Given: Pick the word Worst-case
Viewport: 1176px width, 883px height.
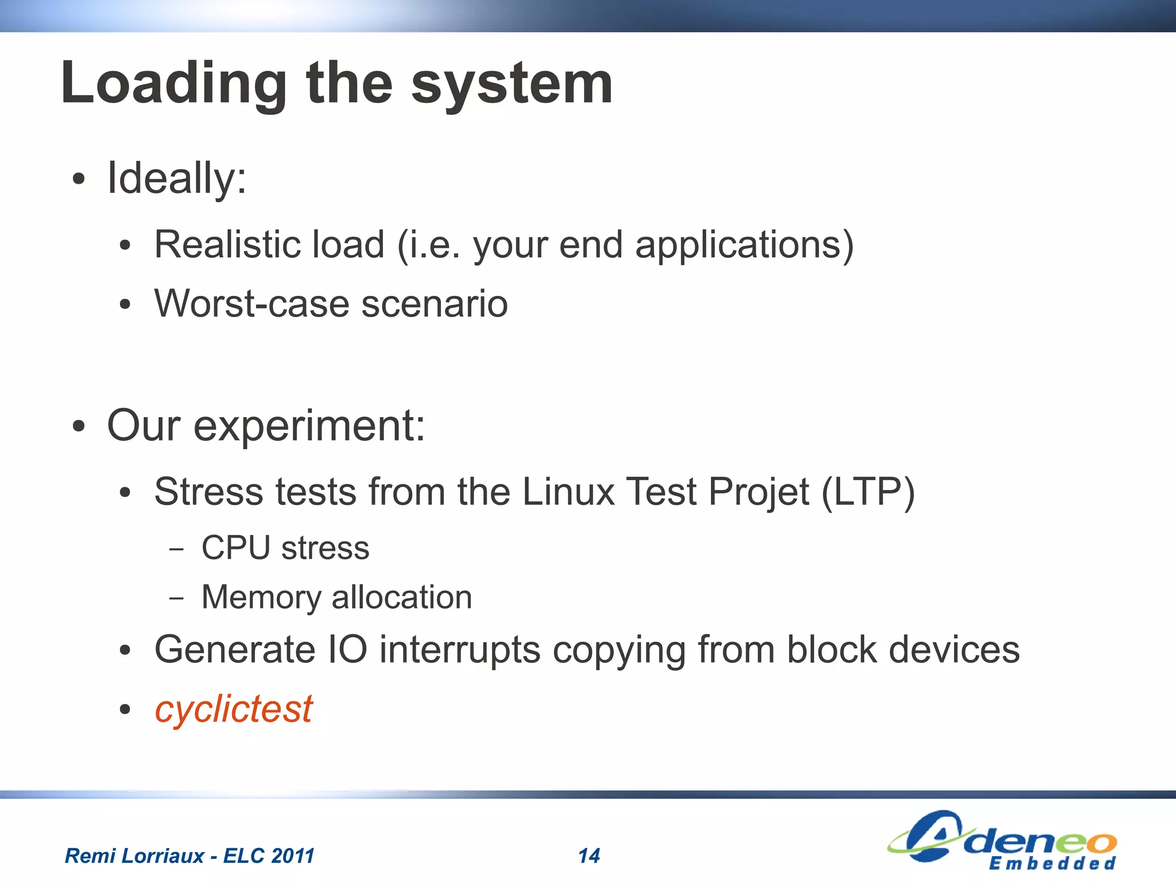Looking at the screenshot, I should coord(251,304).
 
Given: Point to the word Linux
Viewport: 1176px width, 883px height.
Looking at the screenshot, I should coord(568,492).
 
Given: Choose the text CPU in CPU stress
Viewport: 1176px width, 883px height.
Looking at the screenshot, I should coord(235,547).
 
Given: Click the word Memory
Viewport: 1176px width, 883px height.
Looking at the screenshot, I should coord(261,598).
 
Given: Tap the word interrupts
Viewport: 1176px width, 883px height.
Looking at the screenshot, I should coord(459,650).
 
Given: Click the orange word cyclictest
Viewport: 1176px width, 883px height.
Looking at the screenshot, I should coord(233,710).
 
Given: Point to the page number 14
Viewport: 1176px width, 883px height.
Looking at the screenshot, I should coord(589,856).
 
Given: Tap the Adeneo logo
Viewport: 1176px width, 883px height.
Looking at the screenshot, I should coord(1002,840).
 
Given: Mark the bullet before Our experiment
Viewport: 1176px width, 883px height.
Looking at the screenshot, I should coord(79,427).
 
